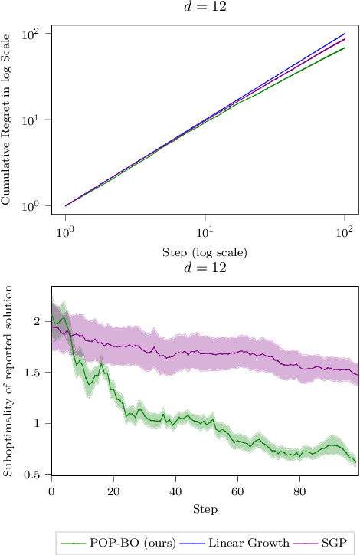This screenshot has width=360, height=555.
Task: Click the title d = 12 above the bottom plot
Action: tap(205, 268)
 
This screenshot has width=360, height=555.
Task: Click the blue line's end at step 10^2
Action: tap(345, 34)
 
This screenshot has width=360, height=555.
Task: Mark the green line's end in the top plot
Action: tap(345, 48)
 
